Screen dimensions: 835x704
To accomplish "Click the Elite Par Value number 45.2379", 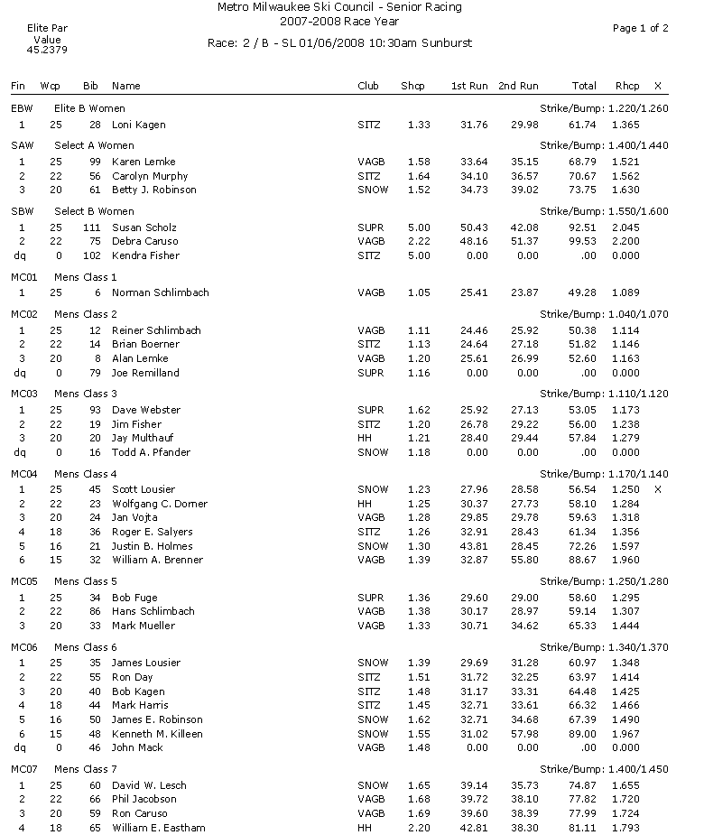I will pyautogui.click(x=47, y=51).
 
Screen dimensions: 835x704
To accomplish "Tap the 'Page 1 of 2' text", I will pyautogui.click(x=640, y=28).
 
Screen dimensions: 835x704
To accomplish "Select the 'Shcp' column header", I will pyautogui.click(x=412, y=86).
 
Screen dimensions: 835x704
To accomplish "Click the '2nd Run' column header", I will pyautogui.click(x=518, y=86).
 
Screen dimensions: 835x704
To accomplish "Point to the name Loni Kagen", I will pyautogui.click(x=138, y=125).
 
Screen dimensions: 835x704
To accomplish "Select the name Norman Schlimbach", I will pyautogui.click(x=160, y=293).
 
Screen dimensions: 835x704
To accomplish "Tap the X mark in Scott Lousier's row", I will pyautogui.click(x=657, y=489).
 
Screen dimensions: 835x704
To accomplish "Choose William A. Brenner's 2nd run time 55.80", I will pyautogui.click(x=524, y=560).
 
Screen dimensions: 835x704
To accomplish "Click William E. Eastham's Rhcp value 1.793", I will pyautogui.click(x=625, y=828).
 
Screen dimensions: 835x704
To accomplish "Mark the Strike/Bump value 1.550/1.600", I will pyautogui.click(x=603, y=211).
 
